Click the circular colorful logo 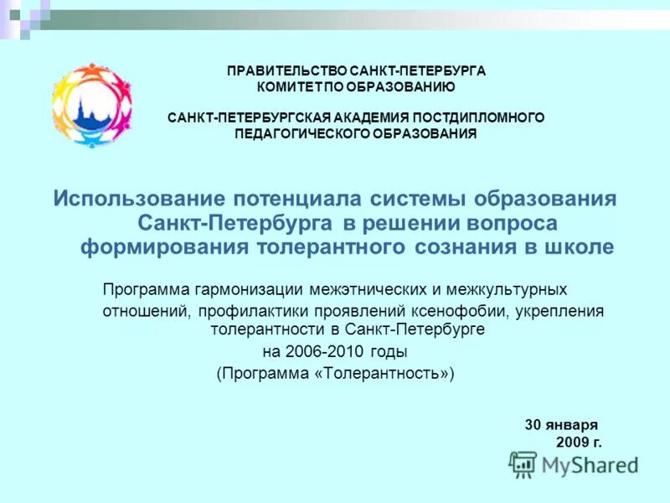[x=91, y=105]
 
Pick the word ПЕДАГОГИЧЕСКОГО [x=299, y=133]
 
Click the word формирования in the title [x=164, y=247]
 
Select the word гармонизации [x=245, y=290]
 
